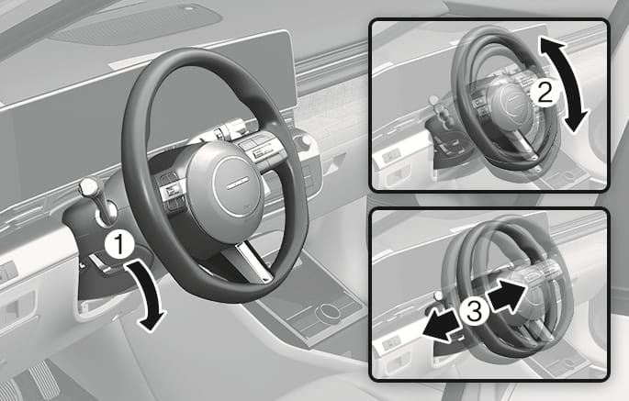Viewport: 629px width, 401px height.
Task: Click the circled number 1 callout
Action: pyautogui.click(x=119, y=244)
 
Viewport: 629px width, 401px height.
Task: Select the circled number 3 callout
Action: pyautogui.click(x=474, y=312)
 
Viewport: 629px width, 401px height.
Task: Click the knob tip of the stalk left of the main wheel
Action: pyautogui.click(x=89, y=186)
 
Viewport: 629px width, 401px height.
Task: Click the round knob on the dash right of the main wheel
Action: pyautogui.click(x=306, y=141)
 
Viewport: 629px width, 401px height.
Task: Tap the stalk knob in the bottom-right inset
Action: pyautogui.click(x=439, y=296)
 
